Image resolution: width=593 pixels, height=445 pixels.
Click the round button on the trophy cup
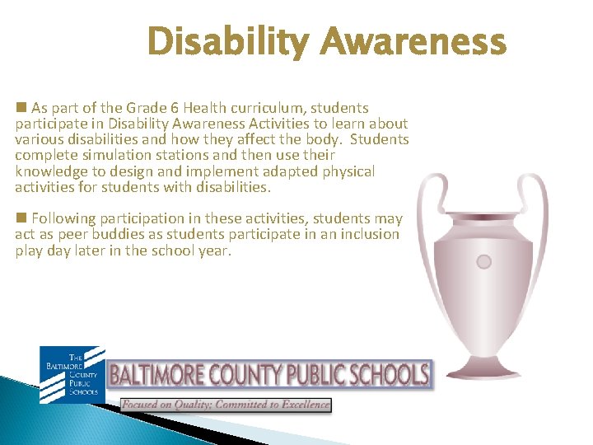pyautogui.click(x=484, y=262)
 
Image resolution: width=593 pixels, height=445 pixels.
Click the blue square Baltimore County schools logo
pyautogui.click(x=72, y=375)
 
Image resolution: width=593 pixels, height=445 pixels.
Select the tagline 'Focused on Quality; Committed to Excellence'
pyautogui.click(x=226, y=405)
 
